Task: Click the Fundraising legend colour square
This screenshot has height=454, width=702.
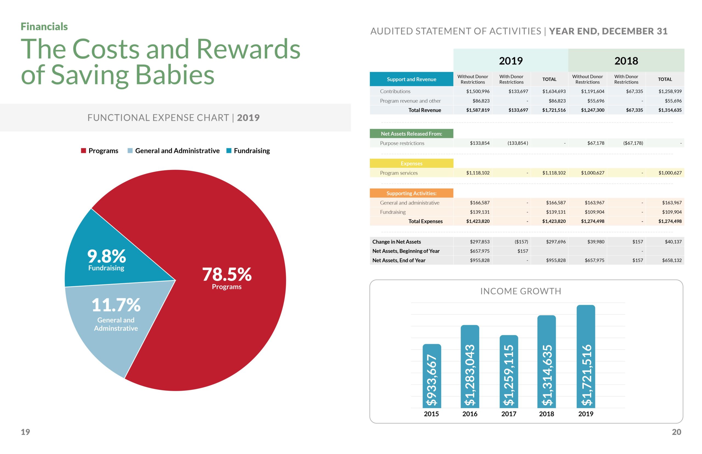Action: coord(228,151)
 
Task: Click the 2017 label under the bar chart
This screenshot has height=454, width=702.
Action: coord(509,414)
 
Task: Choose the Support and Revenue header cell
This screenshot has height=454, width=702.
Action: coord(411,79)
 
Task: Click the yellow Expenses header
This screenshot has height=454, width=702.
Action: coord(411,163)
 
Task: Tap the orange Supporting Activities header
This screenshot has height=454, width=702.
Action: coord(411,193)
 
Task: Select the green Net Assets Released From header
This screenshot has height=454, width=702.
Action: coord(411,134)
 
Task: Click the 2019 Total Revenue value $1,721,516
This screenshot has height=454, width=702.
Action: coord(554,110)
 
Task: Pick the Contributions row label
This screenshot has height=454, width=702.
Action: coord(395,91)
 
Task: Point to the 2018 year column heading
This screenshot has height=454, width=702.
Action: coord(626,61)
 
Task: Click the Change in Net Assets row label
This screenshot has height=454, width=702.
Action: coord(396,242)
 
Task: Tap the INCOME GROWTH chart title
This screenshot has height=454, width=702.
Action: coord(520,291)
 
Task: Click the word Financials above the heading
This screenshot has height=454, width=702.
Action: coord(44,27)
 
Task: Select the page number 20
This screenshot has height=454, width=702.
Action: coord(676,432)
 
